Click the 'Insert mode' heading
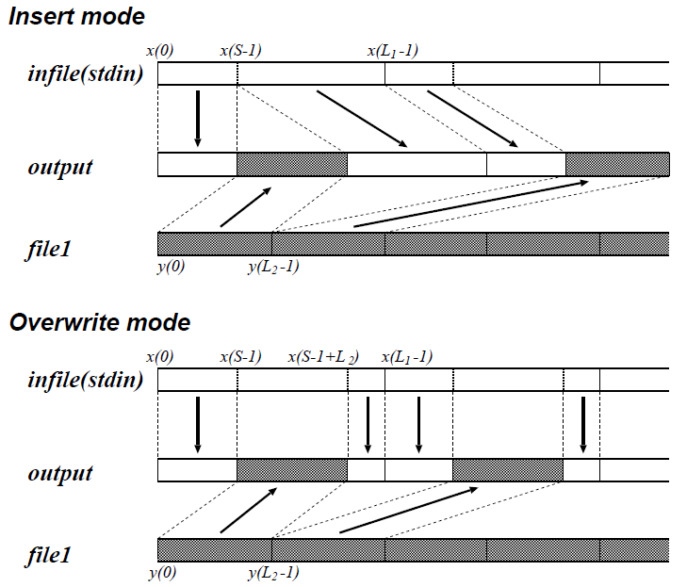pos(76,16)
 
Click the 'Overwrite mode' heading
pos(99,323)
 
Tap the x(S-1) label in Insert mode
pos(239,49)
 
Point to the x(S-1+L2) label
pos(323,356)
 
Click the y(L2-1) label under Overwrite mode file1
pos(273,573)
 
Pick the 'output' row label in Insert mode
pos(60,167)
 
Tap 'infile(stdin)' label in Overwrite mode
pos(85,381)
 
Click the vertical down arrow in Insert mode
pos(198,118)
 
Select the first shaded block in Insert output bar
pos(292,164)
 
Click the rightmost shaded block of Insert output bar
pos(617,164)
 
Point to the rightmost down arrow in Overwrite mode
pos(583,424)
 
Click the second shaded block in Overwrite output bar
pos(508,470)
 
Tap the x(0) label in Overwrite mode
pos(160,356)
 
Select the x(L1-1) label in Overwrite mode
pos(407,356)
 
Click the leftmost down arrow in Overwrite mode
pos(198,424)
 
